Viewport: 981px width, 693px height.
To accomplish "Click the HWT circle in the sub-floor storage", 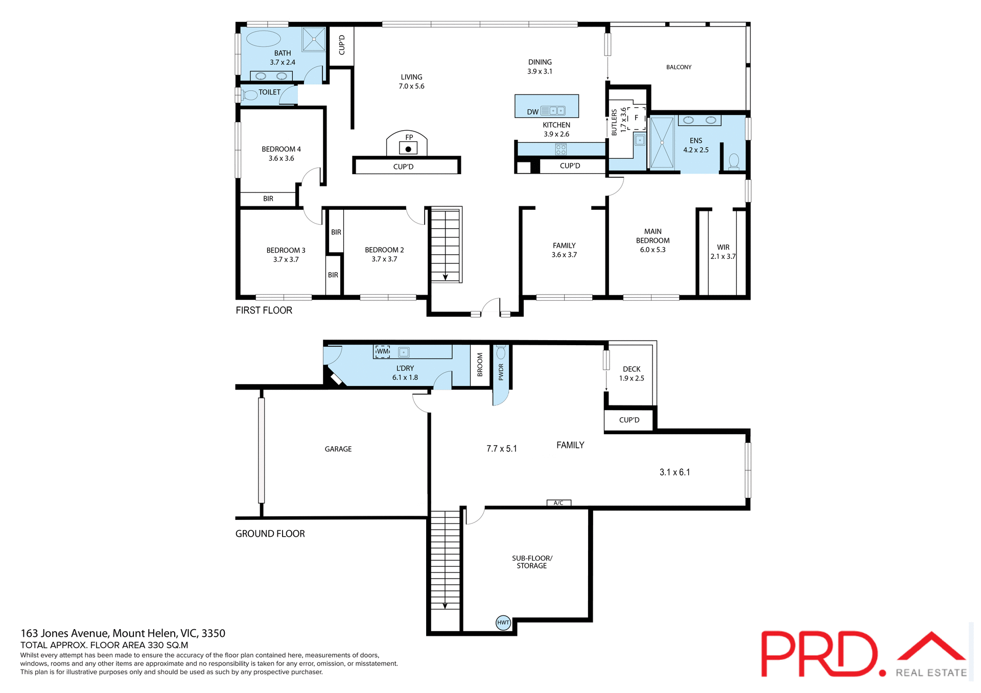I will point(503,622).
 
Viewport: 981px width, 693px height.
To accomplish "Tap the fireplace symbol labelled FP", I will point(408,148).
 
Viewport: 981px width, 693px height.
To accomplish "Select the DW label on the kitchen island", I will point(532,112).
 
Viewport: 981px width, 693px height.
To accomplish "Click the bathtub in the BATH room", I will point(264,39).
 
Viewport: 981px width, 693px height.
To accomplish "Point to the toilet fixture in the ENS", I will point(734,161).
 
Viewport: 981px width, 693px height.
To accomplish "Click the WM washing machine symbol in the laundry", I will point(382,351).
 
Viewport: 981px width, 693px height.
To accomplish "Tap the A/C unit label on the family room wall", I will point(558,503).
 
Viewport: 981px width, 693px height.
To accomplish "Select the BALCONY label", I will point(679,67).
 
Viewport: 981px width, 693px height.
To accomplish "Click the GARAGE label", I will point(338,449).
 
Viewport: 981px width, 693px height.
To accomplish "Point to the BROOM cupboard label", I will point(480,365).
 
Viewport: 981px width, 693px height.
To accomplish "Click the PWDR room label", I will point(501,372).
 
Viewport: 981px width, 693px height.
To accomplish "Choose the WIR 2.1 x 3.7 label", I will point(723,252).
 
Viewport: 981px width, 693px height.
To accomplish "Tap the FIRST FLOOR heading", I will point(264,310).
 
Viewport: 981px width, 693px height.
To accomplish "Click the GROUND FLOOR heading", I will point(270,533).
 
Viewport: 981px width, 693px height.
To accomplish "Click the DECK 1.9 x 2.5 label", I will point(632,373).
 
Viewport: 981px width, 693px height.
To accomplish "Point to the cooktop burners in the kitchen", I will point(560,149).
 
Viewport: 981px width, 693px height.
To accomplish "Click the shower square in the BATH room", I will point(313,39).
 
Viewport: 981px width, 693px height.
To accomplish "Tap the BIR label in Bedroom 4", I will point(268,199).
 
